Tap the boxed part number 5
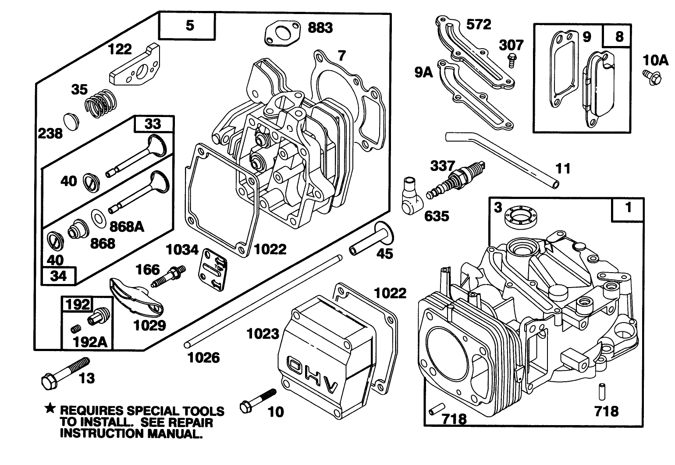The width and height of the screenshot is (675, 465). pos(189,26)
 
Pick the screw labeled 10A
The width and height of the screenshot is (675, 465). pos(652,78)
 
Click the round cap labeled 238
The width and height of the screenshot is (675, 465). pos(70,121)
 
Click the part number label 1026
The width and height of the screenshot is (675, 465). pos(203,358)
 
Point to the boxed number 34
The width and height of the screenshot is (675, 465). pos(59,275)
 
